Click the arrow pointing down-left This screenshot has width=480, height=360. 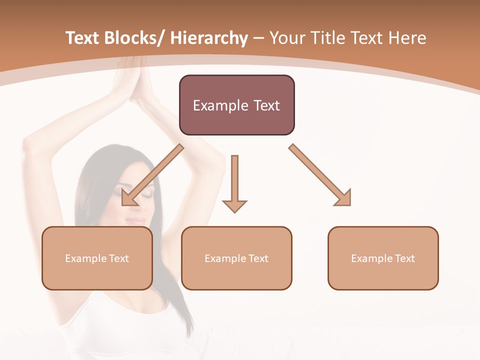tap(152, 175)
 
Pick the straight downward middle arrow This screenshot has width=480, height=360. tap(234, 182)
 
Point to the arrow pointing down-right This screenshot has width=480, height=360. tap(320, 175)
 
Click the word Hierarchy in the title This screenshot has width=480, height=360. tap(209, 38)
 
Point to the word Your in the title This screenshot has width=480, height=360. tap(287, 38)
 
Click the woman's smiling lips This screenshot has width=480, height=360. tap(135, 219)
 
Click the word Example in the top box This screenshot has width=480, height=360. tap(216, 106)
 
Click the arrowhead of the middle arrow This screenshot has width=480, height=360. tap(234, 206)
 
